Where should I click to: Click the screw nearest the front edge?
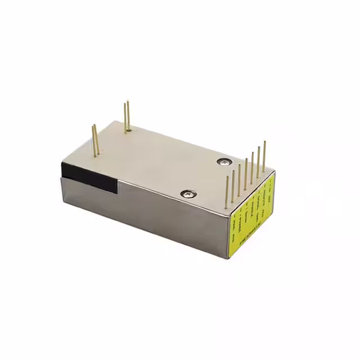pyautogui.click(x=188, y=194)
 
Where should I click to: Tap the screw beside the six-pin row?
pyautogui.click(x=225, y=161)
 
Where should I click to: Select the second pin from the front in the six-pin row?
pyautogui.click(x=233, y=183)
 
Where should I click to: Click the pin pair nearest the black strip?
pyautogui.click(x=95, y=139)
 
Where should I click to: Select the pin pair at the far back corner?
pyautogui.click(x=127, y=117)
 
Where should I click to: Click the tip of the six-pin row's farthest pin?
pyautogui.click(x=264, y=142)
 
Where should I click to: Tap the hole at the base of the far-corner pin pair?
pyautogui.click(x=128, y=131)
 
